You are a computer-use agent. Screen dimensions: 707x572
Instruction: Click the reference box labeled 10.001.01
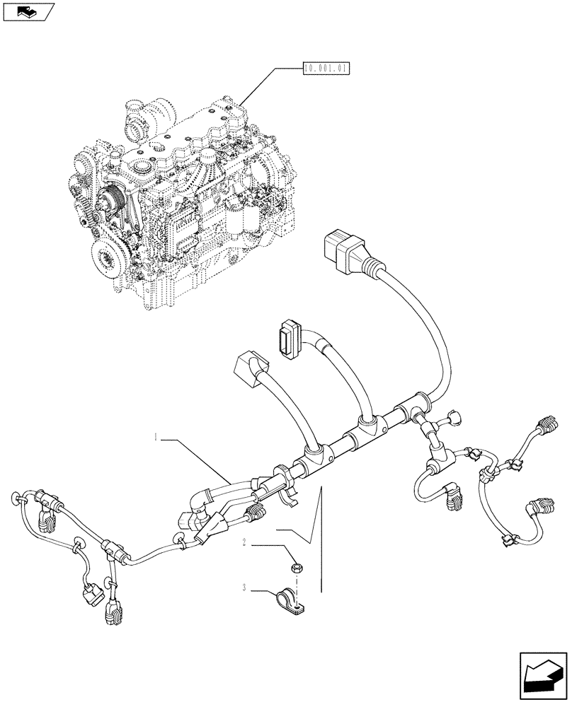coord(326,69)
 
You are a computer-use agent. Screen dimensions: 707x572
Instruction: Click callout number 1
coord(154,438)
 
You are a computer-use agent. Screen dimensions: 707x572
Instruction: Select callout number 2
coord(244,543)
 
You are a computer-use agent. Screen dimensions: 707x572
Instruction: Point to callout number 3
coord(244,586)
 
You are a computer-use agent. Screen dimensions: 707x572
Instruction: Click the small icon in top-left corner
coord(28,11)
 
